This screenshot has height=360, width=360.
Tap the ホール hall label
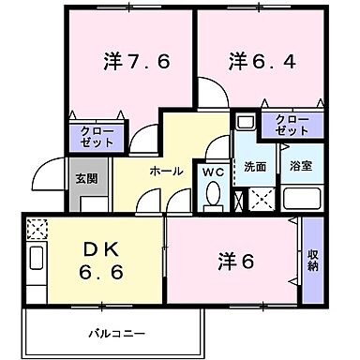(x=166, y=172)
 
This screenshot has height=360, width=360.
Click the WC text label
(x=213, y=172)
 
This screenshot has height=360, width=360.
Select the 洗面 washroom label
(x=256, y=167)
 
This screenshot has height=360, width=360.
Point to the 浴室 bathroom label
(x=301, y=167)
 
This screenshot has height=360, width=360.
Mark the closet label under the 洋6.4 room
(x=292, y=126)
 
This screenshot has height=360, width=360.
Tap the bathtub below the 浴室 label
(x=302, y=200)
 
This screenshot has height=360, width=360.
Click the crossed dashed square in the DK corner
(x=37, y=228)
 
